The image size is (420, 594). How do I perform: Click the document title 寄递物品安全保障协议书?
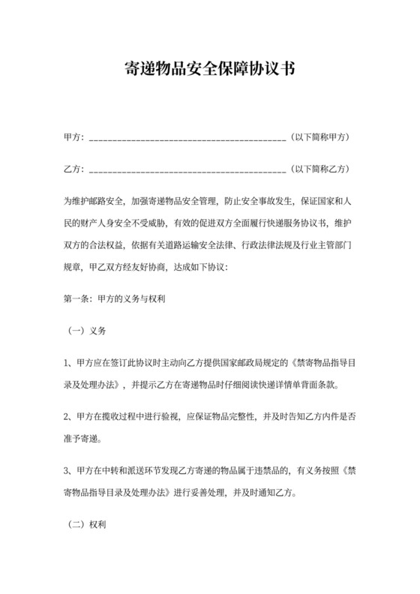click(209, 70)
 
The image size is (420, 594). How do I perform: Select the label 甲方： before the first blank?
click(73, 137)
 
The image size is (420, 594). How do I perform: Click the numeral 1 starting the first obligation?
click(67, 364)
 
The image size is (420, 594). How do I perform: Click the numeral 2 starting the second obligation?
click(67, 413)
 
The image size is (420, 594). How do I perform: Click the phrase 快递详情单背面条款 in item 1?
click(295, 387)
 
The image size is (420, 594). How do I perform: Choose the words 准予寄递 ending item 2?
click(81, 437)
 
